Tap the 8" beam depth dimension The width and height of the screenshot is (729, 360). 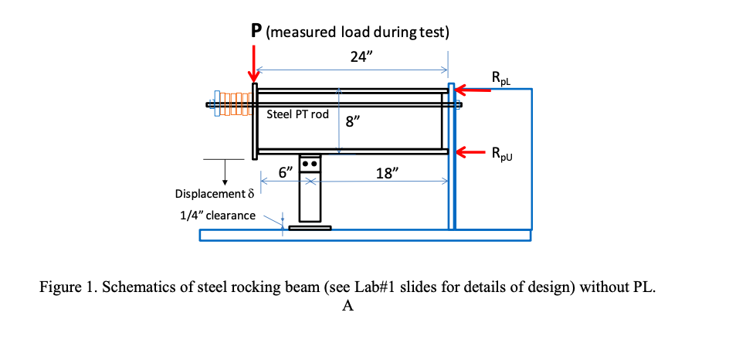353,124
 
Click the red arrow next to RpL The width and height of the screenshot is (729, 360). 473,90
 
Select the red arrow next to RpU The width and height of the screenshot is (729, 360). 473,151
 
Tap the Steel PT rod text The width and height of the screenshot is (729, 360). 297,114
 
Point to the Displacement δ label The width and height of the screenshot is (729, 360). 214,193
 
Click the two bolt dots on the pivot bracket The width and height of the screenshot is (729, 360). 310,165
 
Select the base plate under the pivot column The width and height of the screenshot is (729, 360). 310,227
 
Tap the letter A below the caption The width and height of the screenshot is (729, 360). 348,306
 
